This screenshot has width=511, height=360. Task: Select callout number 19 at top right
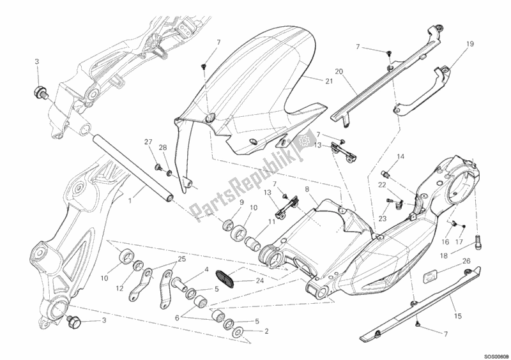[469, 45]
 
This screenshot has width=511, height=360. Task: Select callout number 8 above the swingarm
[307, 190]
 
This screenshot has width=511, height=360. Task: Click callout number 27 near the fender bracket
[148, 142]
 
